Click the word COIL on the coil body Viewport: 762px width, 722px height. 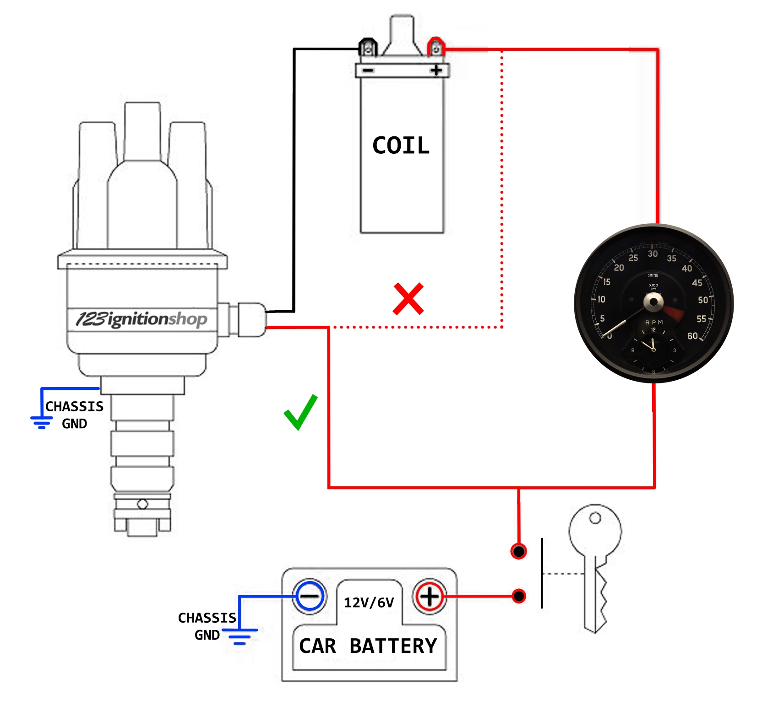[401, 145]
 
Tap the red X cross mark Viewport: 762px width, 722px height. [408, 299]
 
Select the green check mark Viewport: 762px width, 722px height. [300, 412]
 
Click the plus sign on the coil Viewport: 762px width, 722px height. [436, 70]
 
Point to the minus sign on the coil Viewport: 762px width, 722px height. [368, 70]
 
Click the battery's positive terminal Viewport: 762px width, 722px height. [429, 596]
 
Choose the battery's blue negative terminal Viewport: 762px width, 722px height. [310, 596]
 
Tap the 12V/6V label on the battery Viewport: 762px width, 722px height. [369, 603]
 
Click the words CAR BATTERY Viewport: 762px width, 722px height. [368, 646]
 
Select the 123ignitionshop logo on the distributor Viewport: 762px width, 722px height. [142, 319]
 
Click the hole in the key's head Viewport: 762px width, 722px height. [595, 518]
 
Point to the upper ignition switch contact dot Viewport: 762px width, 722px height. [518, 551]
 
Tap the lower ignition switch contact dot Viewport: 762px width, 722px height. [519, 596]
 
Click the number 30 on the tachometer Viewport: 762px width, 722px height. [653, 254]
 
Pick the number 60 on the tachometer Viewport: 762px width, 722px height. [692, 336]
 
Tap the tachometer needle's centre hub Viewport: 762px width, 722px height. [653, 302]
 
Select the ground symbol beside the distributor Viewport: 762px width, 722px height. [42, 422]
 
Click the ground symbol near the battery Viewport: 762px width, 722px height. [239, 636]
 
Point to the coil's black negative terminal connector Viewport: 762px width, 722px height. [368, 48]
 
